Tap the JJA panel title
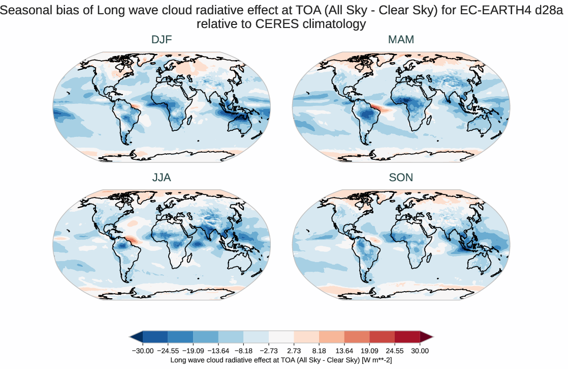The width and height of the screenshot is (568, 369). (x=162, y=178)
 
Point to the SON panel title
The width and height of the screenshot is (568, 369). (x=401, y=178)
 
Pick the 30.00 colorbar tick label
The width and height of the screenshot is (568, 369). (x=420, y=351)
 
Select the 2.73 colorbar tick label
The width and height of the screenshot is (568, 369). (x=294, y=351)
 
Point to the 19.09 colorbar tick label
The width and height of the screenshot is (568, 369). (x=369, y=351)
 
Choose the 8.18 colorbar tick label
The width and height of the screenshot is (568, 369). (x=319, y=351)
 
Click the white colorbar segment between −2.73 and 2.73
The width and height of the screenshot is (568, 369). (x=281, y=336)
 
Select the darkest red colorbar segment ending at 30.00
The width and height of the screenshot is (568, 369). (x=407, y=336)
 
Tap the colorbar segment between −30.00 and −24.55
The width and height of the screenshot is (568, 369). (x=155, y=336)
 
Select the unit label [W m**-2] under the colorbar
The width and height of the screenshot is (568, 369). (x=375, y=360)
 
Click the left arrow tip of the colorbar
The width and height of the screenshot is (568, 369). (x=131, y=336)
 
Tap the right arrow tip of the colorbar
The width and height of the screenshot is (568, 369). (x=432, y=336)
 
